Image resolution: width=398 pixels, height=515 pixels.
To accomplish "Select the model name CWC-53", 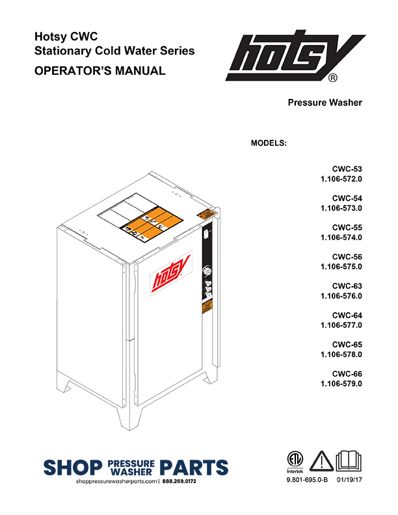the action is point(348,168).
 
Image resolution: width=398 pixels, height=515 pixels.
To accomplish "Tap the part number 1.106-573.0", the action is point(341,207).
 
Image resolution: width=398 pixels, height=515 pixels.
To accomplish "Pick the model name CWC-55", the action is point(348,228).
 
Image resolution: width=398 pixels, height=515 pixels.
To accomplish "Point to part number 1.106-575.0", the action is point(341,267).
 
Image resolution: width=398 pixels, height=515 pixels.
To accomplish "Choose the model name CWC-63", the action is point(348,286).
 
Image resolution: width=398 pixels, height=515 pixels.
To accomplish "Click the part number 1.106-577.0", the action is point(341,325).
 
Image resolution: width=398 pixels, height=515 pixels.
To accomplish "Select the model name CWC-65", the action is point(348,345).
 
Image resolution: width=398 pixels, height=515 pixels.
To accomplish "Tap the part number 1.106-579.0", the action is point(341,384).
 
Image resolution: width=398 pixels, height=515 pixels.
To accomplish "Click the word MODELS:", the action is point(269,142).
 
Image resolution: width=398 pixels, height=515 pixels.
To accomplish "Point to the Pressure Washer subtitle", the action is point(325,103).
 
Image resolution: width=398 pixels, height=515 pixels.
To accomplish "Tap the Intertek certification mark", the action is point(296,460).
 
